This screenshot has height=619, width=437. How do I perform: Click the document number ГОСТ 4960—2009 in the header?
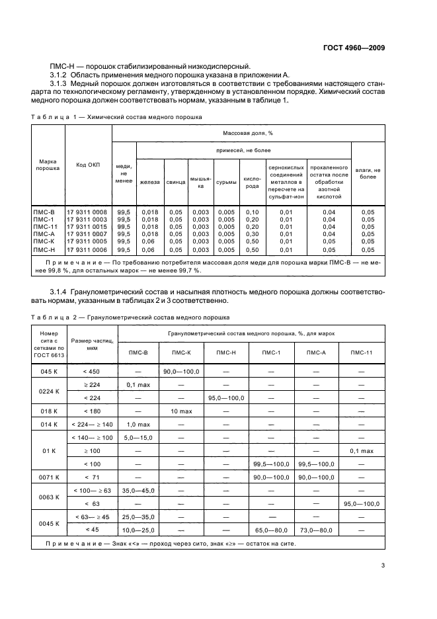354,48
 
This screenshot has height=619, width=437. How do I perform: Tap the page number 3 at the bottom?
383,565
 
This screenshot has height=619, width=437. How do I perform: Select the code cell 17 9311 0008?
87,212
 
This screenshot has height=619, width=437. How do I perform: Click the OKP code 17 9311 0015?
87,226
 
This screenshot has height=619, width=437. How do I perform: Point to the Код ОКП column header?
88,165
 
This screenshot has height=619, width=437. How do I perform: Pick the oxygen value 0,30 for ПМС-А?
252,233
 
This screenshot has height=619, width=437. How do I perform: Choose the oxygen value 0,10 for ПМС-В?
252,212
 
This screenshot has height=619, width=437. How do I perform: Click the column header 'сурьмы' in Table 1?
225,182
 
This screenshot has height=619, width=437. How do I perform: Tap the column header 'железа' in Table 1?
149,182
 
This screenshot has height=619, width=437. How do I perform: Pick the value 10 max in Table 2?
181,410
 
